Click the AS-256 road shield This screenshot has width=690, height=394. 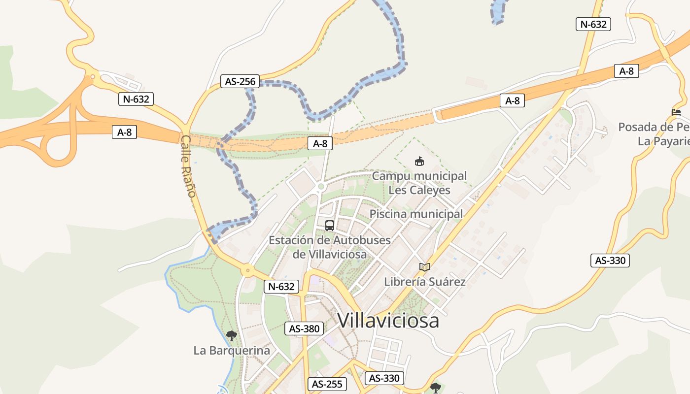[x=241, y=82]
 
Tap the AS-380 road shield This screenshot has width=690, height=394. [x=305, y=328]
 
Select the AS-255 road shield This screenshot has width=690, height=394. [x=327, y=384]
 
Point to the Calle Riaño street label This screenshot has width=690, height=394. [x=189, y=166]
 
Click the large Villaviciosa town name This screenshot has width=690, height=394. [x=388, y=321]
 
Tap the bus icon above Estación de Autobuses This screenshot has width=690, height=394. [x=330, y=226]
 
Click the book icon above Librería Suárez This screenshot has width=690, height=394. [x=425, y=267]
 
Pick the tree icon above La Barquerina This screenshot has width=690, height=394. [x=231, y=336]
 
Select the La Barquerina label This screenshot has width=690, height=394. [x=232, y=351]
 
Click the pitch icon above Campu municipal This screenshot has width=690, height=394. [x=419, y=161]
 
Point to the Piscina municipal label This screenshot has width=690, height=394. [x=416, y=214]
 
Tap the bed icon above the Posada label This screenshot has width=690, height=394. [x=676, y=112]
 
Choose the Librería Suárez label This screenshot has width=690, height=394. [x=425, y=282]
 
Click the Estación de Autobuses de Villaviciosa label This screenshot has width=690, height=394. [x=330, y=247]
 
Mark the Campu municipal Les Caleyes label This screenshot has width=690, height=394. [x=419, y=183]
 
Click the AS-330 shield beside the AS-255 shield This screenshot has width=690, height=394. [x=384, y=378]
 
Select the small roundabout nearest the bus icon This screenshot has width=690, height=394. [x=321, y=187]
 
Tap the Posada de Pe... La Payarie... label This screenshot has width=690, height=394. [x=654, y=134]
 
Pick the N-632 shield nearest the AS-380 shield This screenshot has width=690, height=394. [x=281, y=287]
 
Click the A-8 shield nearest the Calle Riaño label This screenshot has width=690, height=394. [x=124, y=132]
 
